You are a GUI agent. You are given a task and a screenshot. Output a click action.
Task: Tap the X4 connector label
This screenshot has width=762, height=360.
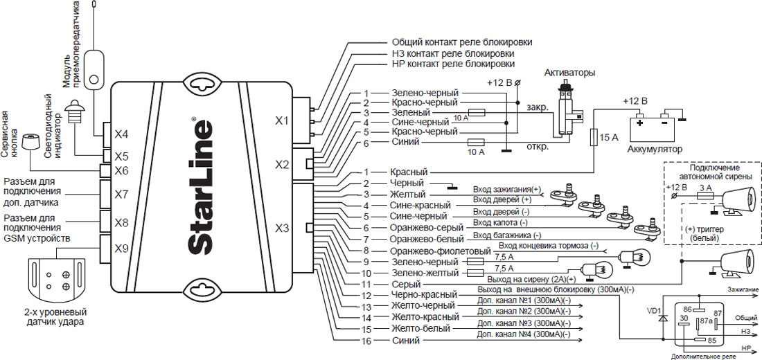(121, 134)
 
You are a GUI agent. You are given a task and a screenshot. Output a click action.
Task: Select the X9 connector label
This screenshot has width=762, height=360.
(121, 249)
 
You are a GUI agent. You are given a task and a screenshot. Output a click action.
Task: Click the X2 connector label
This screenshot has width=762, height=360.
(282, 165)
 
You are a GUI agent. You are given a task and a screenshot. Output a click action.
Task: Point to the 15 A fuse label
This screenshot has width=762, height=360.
(609, 138)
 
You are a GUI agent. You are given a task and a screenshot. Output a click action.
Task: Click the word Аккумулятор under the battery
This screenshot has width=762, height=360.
(655, 149)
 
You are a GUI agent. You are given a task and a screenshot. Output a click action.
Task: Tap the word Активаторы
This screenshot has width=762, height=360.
(570, 73)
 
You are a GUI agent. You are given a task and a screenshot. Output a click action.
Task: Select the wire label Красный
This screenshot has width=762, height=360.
(409, 172)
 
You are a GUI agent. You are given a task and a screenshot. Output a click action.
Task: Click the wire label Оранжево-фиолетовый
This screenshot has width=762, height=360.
(441, 251)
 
